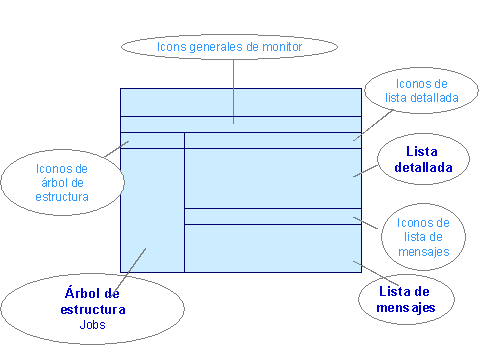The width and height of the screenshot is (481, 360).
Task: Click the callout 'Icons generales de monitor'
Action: [x=230, y=47]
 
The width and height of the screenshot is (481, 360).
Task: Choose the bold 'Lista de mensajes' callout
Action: [x=405, y=299]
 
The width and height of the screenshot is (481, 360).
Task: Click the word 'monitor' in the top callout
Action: [x=279, y=47]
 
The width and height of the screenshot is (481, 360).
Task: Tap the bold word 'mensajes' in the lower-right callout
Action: [x=406, y=308]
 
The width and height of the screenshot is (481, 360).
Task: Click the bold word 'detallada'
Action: [x=423, y=167]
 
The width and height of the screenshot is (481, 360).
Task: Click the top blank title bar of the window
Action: [x=240, y=102]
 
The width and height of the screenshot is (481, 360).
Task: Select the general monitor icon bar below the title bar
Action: [x=240, y=124]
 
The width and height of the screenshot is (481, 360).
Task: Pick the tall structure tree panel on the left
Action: [x=152, y=210]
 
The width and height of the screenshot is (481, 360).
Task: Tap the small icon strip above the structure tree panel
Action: [x=152, y=140]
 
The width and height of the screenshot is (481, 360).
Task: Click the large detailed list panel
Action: [x=272, y=178]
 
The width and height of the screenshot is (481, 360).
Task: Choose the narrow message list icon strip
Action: [x=272, y=216]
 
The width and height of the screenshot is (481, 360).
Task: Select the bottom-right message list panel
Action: [x=272, y=248]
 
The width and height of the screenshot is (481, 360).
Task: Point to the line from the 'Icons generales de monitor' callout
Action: [x=234, y=90]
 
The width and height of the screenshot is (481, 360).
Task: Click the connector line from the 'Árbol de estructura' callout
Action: [x=134, y=269]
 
